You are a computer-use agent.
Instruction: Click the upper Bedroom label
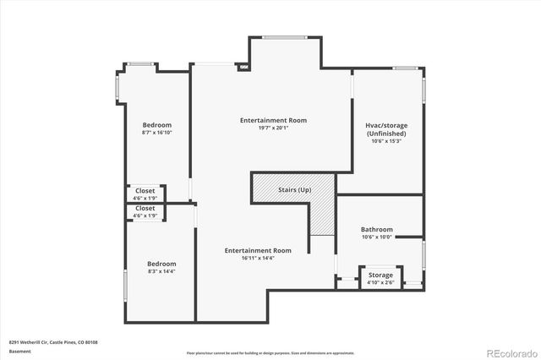[x=156, y=125]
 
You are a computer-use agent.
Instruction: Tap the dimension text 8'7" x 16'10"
[x=156, y=133]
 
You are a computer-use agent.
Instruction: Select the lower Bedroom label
[x=161, y=264]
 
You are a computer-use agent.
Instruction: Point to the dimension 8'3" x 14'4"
[x=161, y=271]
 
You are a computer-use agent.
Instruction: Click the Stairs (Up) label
[x=295, y=189]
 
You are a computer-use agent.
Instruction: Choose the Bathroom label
[x=377, y=229]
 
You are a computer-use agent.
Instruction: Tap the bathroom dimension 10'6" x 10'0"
[x=377, y=237]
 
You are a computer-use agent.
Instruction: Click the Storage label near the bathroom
[x=380, y=275]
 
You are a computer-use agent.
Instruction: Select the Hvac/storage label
[x=387, y=125]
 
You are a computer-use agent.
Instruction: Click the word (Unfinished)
[x=387, y=134]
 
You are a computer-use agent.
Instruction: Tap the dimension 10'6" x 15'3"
[x=387, y=141]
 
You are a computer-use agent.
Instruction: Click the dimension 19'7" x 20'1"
[x=272, y=128]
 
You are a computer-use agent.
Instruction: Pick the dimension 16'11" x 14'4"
[x=258, y=258]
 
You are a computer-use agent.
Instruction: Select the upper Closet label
[x=145, y=191]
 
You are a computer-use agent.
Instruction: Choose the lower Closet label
[x=145, y=208]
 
